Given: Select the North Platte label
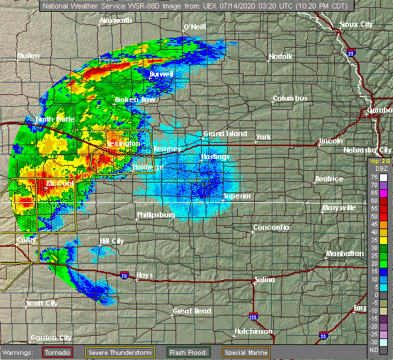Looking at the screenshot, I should (55, 119).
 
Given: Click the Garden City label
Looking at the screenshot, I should (51, 338).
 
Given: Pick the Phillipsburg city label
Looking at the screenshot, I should (156, 215).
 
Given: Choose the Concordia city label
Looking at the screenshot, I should (271, 228).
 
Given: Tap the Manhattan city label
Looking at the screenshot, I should (346, 253).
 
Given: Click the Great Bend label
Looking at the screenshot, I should (192, 311).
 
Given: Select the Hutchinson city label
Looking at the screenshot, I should (253, 331).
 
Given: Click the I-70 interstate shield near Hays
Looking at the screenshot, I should (125, 274).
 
